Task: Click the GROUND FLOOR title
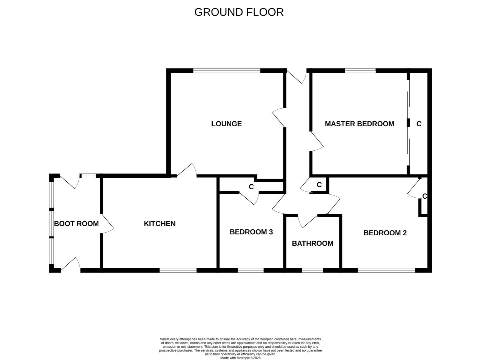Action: (239, 12)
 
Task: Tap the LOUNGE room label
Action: (226, 124)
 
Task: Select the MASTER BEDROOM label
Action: (359, 124)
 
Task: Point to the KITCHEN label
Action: (159, 223)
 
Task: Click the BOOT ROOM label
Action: (76, 223)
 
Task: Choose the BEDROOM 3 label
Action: (251, 232)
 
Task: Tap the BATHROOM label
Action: (313, 243)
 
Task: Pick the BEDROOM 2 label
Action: (385, 233)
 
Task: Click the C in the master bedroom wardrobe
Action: (419, 124)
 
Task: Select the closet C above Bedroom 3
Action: (251, 187)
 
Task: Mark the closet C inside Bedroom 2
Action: (424, 196)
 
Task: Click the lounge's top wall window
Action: (226, 70)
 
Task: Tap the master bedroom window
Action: (360, 70)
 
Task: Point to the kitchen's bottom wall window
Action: (178, 270)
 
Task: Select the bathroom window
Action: (313, 270)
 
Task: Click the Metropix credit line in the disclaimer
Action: (240, 358)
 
